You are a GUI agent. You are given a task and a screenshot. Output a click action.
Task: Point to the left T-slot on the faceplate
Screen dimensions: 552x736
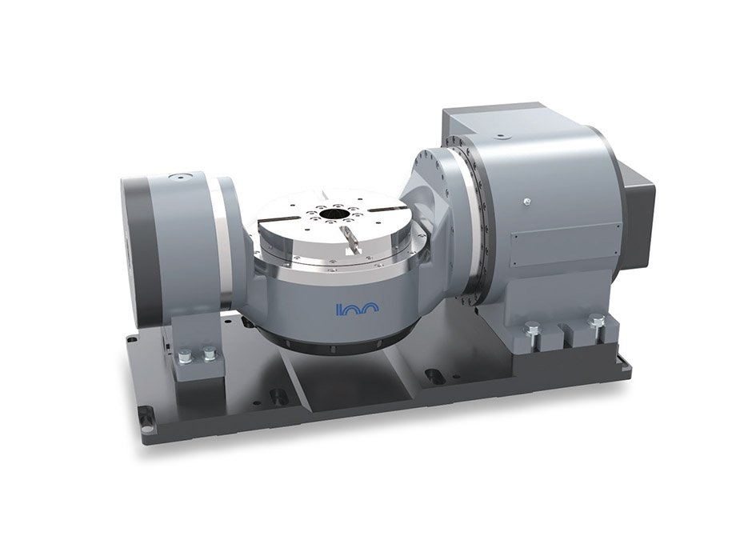point(281,219)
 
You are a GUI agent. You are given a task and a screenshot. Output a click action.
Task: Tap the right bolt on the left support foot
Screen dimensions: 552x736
point(210,353)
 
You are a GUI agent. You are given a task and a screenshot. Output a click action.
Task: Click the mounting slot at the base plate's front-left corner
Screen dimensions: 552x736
point(146,414)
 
